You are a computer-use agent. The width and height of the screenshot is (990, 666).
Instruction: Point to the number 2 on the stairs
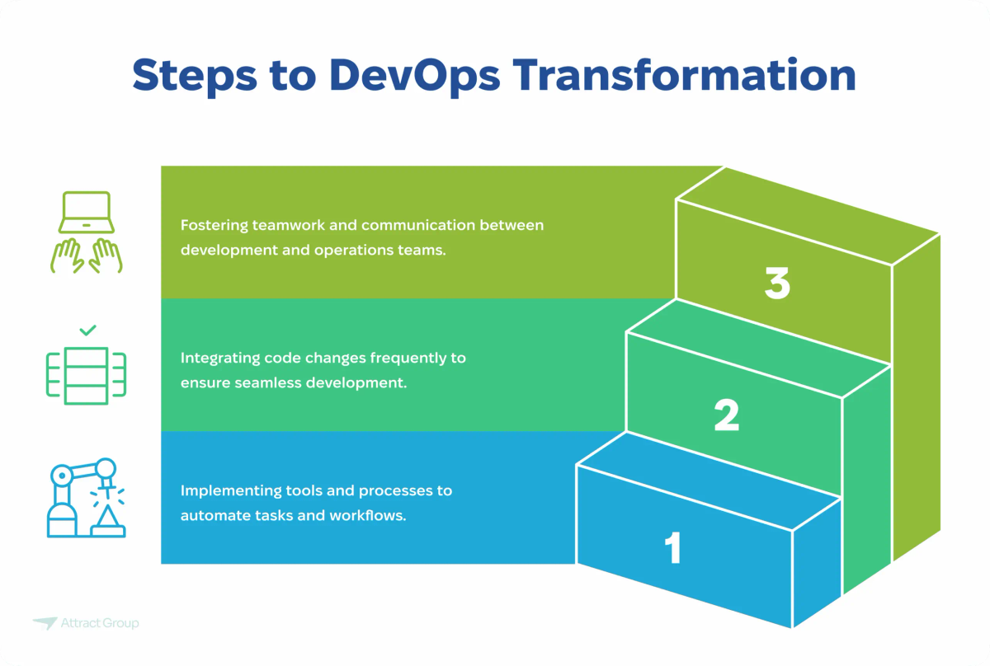(x=727, y=416)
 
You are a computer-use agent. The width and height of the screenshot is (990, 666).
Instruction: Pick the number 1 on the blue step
(x=674, y=548)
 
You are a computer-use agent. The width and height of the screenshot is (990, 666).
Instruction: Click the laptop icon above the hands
(x=86, y=213)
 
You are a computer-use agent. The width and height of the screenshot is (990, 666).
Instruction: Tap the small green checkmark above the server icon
(x=87, y=331)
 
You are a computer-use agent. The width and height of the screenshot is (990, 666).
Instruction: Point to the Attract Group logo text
(x=100, y=623)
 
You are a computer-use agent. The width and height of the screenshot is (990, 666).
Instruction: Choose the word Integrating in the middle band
(x=219, y=359)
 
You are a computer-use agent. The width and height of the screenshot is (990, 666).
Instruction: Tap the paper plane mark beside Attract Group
(x=45, y=623)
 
